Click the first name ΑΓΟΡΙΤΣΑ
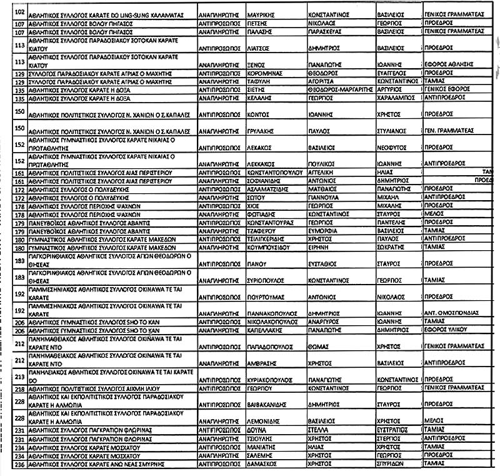[x=324, y=81]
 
